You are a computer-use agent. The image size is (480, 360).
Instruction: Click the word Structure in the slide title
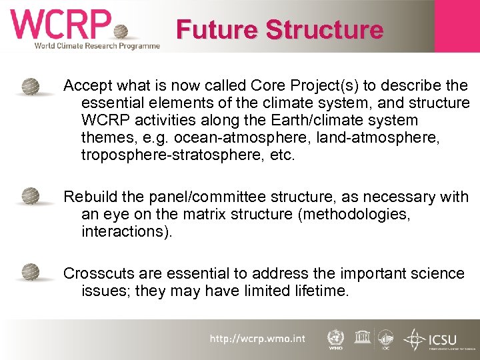tap(325, 30)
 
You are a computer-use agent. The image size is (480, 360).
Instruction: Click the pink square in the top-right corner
tap(457, 25)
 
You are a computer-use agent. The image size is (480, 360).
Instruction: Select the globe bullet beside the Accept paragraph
tap(30, 87)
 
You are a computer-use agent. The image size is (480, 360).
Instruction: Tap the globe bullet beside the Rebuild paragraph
tap(30, 197)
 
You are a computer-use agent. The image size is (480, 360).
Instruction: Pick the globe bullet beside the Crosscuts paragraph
tap(30, 273)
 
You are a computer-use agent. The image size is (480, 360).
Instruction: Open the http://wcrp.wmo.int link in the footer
tap(257, 339)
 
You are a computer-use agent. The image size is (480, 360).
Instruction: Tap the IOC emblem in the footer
tap(385, 339)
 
